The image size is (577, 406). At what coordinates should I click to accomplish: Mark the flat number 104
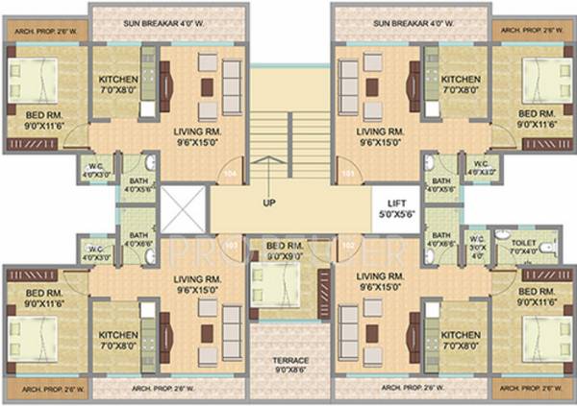(x=230, y=174)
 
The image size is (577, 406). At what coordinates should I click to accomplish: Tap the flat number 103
(x=230, y=246)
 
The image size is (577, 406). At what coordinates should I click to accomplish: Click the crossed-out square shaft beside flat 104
(x=185, y=209)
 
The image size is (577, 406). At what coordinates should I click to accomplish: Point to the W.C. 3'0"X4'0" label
(x=476, y=247)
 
